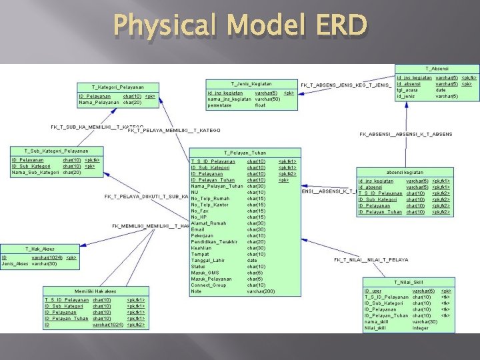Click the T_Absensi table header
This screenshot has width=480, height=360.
pyautogui.click(x=437, y=69)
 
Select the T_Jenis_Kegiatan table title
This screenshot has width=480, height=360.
pyautogui.click(x=251, y=83)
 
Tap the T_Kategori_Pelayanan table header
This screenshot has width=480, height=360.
pyautogui.click(x=117, y=87)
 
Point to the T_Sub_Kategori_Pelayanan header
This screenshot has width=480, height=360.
pyautogui.click(x=56, y=151)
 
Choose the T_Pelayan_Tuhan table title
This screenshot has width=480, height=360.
pyautogui.click(x=245, y=153)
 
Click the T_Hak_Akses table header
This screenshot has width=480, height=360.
pyautogui.click(x=40, y=249)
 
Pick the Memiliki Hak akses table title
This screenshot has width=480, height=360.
pyautogui.click(x=95, y=291)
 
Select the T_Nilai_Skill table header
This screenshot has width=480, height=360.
pyautogui.click(x=409, y=283)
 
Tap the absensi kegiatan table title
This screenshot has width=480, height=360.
pyautogui.click(x=405, y=172)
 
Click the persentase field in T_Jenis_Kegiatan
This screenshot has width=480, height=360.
pyautogui.click(x=220, y=105)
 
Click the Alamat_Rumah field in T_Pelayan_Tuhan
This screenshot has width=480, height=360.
pyautogui.click(x=209, y=223)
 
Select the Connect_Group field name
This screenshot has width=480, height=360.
pyautogui.click(x=209, y=285)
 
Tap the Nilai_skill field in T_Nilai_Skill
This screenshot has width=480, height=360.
pyautogui.click(x=376, y=327)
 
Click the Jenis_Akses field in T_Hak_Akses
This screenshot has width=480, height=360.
pyautogui.click(x=15, y=264)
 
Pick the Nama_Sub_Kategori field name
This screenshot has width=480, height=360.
pyautogui.click(x=35, y=173)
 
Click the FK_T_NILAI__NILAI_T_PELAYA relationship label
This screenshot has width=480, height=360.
pyautogui.click(x=371, y=259)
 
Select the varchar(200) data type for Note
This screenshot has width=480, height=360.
pyautogui.click(x=261, y=291)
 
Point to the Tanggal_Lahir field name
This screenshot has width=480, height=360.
pyautogui.click(x=207, y=260)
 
